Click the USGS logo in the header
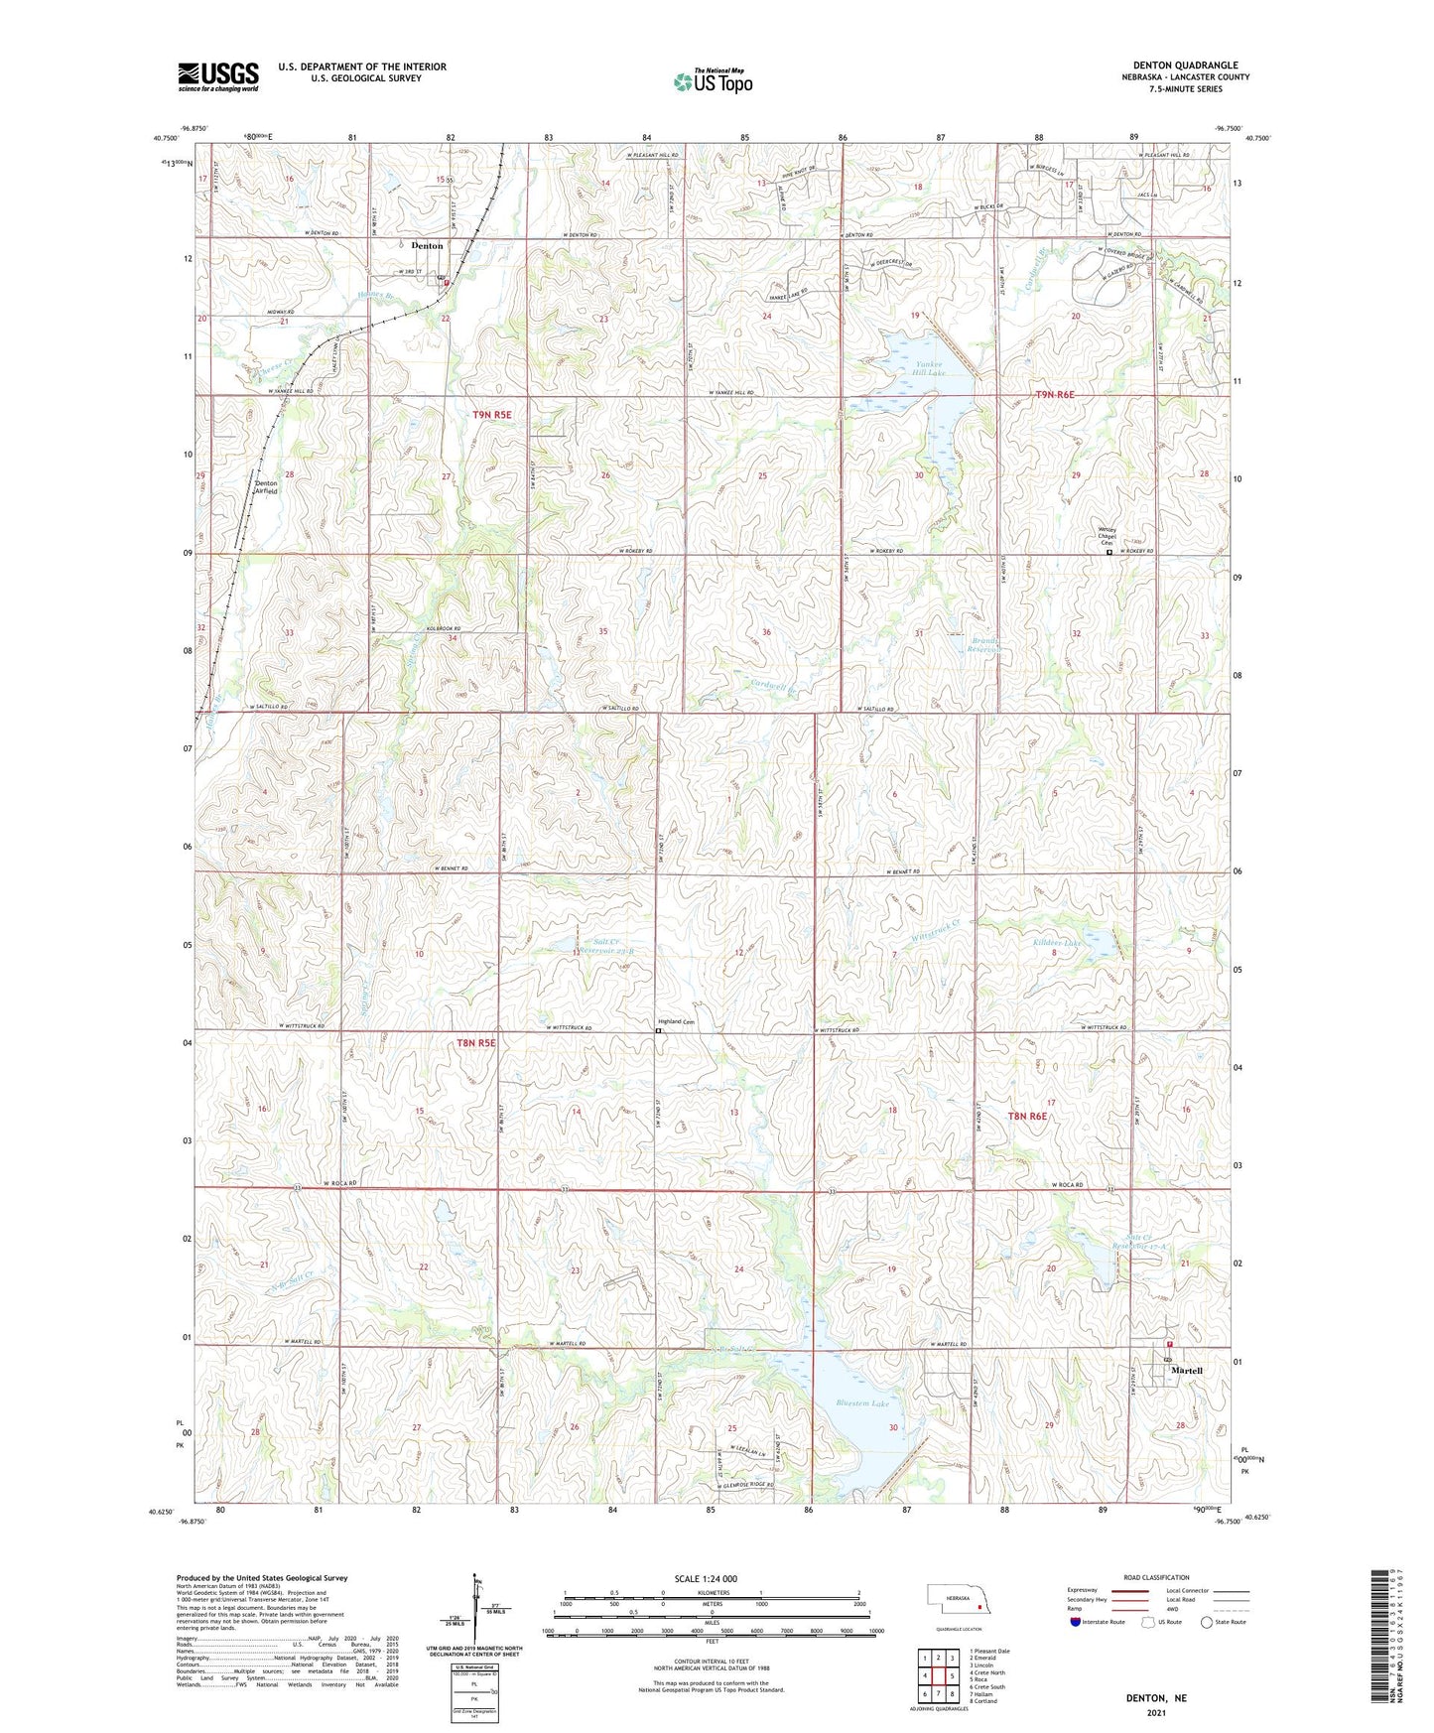pos(217,76)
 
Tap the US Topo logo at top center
pos(712,81)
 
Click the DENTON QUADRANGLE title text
pos(1185,66)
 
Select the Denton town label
pos(427,245)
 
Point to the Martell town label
pos(1186,1371)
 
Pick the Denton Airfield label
pos(266,486)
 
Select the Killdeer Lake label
pos(1057,943)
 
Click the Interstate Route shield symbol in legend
pos(1076,1622)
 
